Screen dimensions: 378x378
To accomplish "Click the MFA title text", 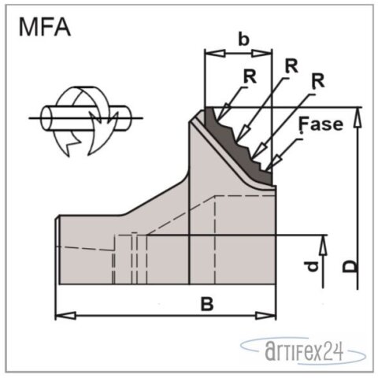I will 46,28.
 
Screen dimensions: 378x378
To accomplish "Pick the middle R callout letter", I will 291,66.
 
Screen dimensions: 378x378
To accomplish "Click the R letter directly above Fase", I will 318,80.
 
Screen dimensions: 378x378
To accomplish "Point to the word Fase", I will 321,124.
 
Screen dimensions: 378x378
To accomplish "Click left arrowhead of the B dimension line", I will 60,316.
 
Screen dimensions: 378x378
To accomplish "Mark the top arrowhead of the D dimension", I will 358,113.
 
